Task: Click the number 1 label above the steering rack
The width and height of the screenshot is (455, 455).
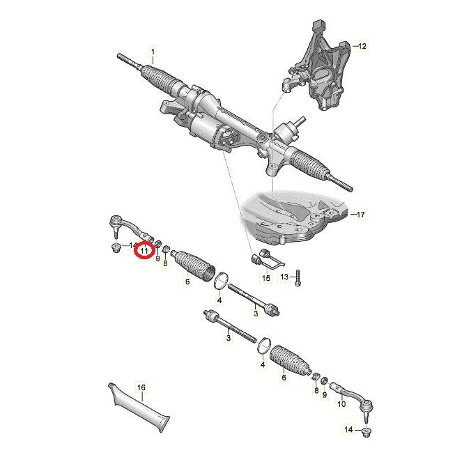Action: [154, 50]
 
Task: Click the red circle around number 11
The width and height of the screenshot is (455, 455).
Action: [144, 249]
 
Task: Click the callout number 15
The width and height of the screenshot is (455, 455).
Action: [265, 278]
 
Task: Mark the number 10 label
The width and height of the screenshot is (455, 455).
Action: [341, 403]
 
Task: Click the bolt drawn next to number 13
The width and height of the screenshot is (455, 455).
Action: [298, 276]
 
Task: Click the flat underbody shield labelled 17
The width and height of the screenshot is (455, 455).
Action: [293, 216]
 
